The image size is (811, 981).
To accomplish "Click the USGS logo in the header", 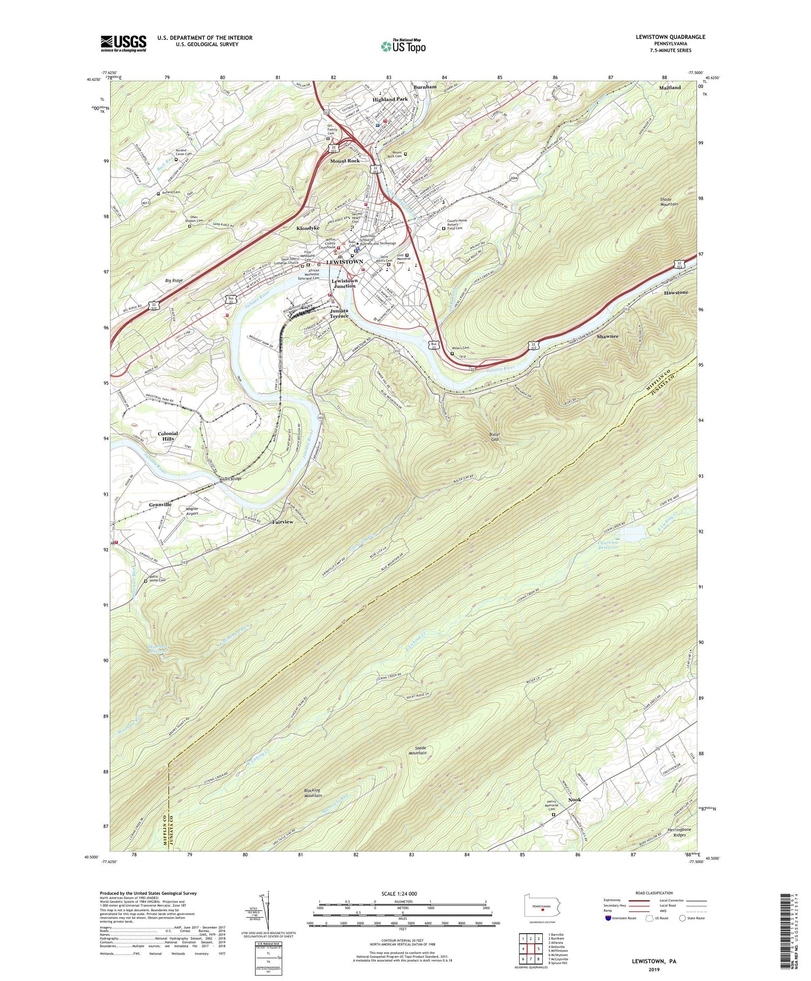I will (x=123, y=43).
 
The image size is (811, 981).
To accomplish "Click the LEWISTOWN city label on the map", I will (x=344, y=262).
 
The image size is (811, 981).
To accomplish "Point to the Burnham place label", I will (x=424, y=87).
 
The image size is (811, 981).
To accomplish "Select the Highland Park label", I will (x=390, y=100).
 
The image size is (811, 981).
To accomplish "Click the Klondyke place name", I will (x=308, y=228).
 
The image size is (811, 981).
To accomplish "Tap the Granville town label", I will (x=160, y=504).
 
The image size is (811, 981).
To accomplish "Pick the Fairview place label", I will (x=283, y=522).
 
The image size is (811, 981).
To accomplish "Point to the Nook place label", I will (x=575, y=800).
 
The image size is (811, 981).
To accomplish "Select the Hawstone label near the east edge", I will (x=676, y=293).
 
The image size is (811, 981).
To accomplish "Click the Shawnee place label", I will (x=608, y=337).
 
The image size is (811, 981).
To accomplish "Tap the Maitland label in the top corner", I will (x=670, y=88).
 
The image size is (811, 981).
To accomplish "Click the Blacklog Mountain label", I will (x=313, y=792).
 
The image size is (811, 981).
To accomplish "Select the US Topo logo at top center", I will (x=403, y=46).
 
